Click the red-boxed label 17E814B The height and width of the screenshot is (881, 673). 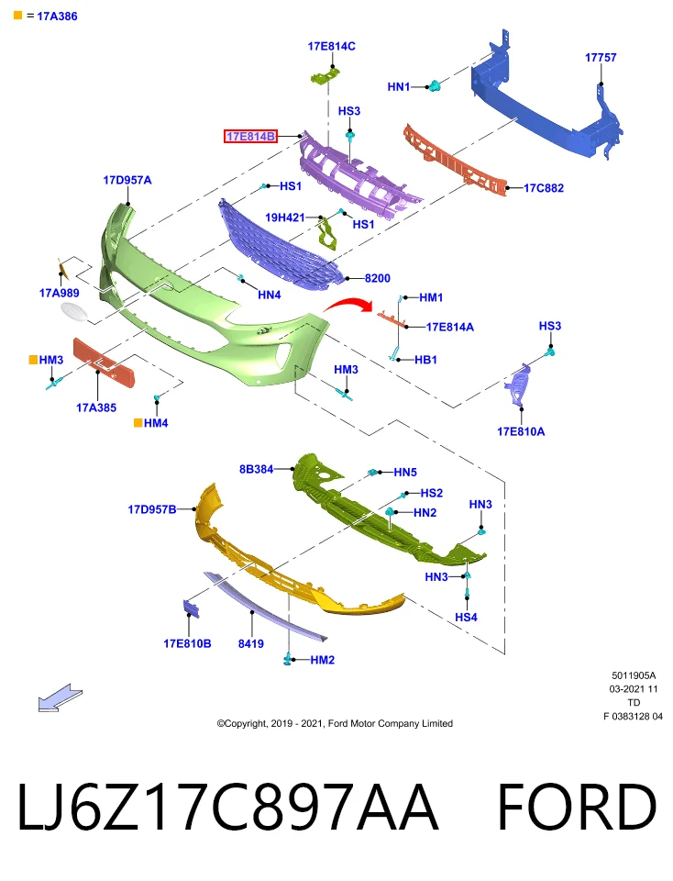(250, 136)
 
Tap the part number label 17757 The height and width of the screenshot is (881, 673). (600, 57)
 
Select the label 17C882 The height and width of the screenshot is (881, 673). (544, 188)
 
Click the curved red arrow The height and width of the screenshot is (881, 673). (348, 304)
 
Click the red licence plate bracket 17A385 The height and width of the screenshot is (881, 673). (105, 363)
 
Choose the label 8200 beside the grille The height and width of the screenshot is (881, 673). (377, 278)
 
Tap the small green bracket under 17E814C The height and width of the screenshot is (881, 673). (325, 76)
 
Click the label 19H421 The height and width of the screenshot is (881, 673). (284, 217)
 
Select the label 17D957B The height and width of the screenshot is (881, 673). (151, 509)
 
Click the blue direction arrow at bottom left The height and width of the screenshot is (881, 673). (61, 697)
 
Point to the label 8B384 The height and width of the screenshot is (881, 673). (256, 469)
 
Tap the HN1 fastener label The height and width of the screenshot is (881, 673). (399, 86)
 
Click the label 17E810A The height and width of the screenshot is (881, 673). (520, 431)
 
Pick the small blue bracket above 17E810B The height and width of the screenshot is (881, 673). (192, 609)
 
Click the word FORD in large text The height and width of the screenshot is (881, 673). (577, 807)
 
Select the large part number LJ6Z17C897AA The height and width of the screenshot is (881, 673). (226, 807)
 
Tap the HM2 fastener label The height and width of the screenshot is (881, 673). (322, 660)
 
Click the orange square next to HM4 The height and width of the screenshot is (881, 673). (138, 422)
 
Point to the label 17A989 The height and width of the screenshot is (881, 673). (59, 293)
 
